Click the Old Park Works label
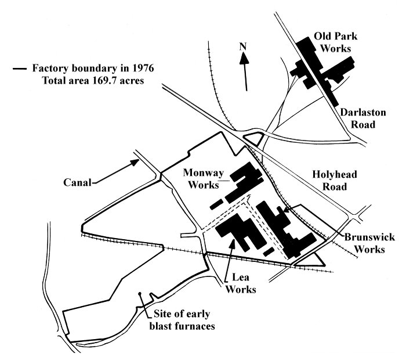click(x=336, y=42)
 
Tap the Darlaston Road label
click(x=362, y=118)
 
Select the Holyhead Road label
click(x=335, y=181)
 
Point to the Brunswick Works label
click(x=369, y=243)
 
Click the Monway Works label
click(x=204, y=179)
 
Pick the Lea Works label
click(x=241, y=283)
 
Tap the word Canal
click(x=77, y=182)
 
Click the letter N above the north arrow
click(x=243, y=46)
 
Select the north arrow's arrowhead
click(x=244, y=58)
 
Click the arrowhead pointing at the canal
click(x=135, y=163)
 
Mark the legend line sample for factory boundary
click(x=20, y=69)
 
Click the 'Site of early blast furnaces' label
click(x=182, y=320)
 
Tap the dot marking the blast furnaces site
click(x=140, y=294)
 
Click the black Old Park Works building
click(x=322, y=69)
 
